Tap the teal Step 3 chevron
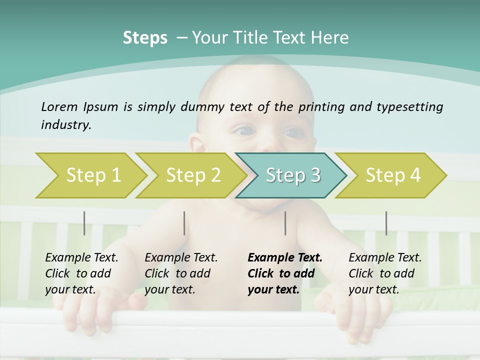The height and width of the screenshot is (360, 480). coord(291,175)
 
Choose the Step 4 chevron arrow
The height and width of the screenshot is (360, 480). coord(391,175)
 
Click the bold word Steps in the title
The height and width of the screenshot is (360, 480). coord(145,38)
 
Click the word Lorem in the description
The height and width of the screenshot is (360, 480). coord(59,106)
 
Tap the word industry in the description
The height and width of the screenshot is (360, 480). coord(66,124)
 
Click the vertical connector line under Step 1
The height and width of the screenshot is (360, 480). coord(84,223)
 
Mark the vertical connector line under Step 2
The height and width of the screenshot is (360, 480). coord(184,223)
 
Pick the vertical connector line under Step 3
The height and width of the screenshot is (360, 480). coord(285,223)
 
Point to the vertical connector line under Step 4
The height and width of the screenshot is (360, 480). coord(386,223)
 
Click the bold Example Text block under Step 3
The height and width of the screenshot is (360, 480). coord(284,273)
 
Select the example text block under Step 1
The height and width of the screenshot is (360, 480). coord(81,273)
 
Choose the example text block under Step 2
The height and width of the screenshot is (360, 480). coord(181,273)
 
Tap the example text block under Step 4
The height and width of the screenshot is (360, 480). coord(385,273)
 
